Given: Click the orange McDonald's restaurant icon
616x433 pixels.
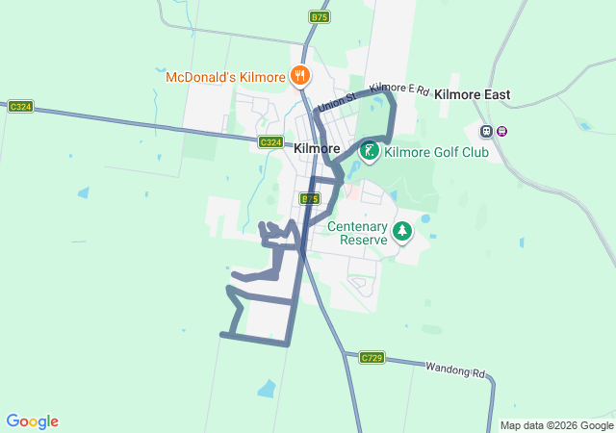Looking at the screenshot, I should [x=300, y=75].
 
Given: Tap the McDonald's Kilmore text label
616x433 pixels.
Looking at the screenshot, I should [x=225, y=77].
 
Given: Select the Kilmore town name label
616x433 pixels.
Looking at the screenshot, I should [x=317, y=148].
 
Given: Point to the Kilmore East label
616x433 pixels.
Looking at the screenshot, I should [x=472, y=95].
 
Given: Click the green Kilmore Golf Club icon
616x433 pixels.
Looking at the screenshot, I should [x=369, y=151].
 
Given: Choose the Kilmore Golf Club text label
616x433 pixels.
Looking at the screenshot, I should [x=436, y=152].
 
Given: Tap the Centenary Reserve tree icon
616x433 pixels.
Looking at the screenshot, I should [x=401, y=232].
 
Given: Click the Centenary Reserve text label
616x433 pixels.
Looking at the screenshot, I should [x=357, y=234].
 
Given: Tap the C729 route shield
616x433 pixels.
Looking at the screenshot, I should [x=372, y=358].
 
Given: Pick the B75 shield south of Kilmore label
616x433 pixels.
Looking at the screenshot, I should [x=308, y=198].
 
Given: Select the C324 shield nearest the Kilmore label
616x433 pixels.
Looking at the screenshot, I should [x=270, y=142].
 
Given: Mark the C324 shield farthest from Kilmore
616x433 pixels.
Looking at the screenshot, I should [x=20, y=106].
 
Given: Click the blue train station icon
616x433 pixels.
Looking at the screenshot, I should [x=487, y=132].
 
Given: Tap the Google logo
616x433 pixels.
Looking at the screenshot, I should [x=32, y=421].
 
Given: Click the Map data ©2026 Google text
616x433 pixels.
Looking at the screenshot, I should [x=556, y=425].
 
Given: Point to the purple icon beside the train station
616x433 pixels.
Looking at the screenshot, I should [x=501, y=132].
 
